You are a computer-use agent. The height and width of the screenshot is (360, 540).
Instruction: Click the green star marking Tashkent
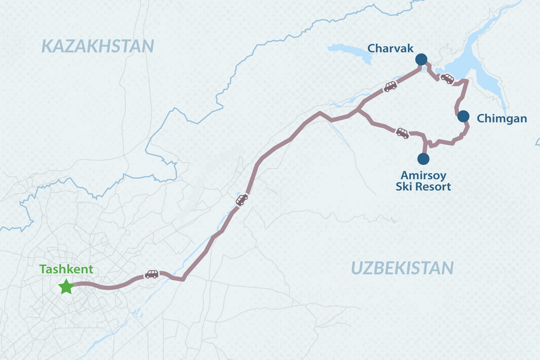[x=66, y=287]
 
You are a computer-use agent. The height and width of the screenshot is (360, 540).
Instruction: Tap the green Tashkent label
[x=67, y=269]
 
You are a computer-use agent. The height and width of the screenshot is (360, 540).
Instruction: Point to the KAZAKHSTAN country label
[x=98, y=46]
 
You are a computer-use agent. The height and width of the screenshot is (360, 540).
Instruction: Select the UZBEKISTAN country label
[x=403, y=268]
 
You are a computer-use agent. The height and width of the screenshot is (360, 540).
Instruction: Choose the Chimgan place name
[x=502, y=119]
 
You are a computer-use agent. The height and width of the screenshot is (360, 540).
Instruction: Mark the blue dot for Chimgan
[x=463, y=116]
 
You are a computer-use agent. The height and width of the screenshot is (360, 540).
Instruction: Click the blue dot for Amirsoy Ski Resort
[x=424, y=159]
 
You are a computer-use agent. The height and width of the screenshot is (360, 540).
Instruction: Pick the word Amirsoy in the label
[x=423, y=175]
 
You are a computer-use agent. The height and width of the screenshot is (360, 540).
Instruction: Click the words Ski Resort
[x=423, y=187]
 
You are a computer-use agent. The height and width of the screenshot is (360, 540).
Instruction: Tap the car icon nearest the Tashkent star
[x=152, y=274]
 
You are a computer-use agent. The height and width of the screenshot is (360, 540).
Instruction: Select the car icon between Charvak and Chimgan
[x=447, y=78]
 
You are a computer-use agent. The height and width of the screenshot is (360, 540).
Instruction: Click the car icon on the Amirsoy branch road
[x=402, y=133]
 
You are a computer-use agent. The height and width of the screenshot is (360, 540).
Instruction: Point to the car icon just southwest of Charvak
[x=391, y=86]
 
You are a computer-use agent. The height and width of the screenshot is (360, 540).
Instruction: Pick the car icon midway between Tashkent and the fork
[x=242, y=200]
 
